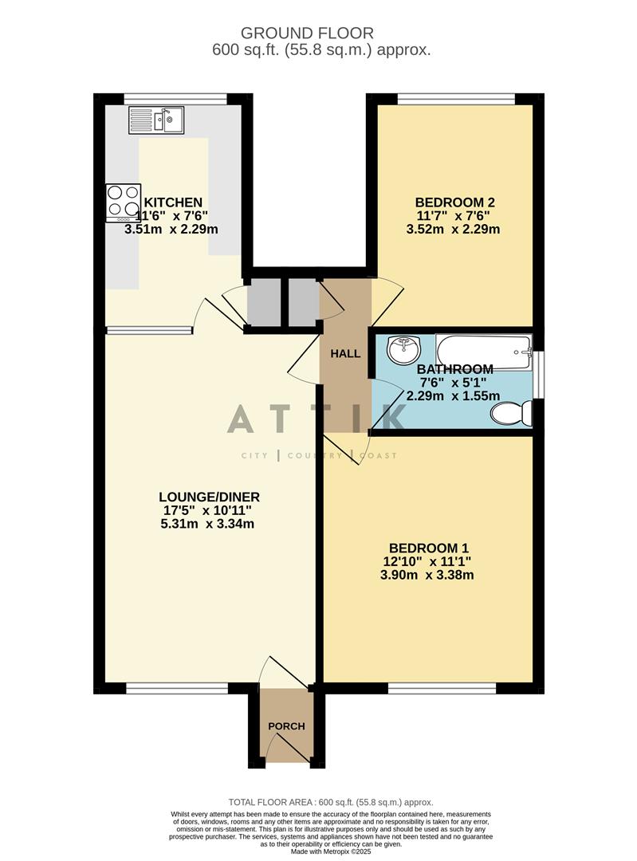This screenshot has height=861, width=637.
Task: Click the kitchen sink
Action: [x=156, y=120]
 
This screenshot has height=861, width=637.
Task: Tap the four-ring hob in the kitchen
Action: [x=124, y=202]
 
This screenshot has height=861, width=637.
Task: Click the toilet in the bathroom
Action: [x=510, y=413]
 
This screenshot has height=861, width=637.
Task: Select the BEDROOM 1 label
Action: [x=428, y=548]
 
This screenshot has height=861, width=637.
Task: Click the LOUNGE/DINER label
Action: [x=209, y=497]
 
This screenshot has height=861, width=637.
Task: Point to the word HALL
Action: [x=345, y=353]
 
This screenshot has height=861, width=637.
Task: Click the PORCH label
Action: [x=286, y=726]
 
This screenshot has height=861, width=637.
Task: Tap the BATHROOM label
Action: [x=454, y=369]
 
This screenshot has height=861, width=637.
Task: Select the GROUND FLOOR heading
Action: [x=307, y=33]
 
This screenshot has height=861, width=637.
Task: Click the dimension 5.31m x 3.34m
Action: [x=207, y=524]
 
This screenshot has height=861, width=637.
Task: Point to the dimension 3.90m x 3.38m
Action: [x=428, y=575]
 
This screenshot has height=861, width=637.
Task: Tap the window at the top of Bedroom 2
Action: [x=456, y=99]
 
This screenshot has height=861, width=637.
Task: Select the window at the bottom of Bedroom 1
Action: [x=441, y=688]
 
